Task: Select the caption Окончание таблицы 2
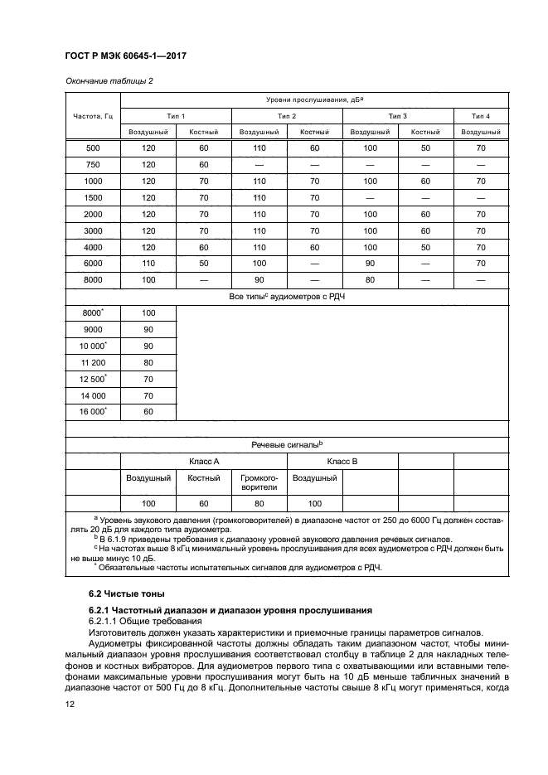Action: [x=109, y=80]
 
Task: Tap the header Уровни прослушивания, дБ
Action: [x=315, y=99]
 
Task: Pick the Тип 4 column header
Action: [x=481, y=115]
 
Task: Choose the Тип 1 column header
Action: [x=177, y=115]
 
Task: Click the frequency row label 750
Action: [x=93, y=164]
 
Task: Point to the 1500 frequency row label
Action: [x=93, y=198]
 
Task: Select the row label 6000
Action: [x=93, y=264]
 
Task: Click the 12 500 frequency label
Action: [x=93, y=378]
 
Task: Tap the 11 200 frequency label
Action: [x=93, y=361]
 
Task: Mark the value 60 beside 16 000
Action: [x=148, y=411]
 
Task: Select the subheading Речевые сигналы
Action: [x=286, y=445]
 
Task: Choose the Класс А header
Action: [x=204, y=461]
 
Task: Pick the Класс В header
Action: [x=342, y=461]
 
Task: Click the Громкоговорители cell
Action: [x=259, y=483]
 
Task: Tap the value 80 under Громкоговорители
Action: [x=259, y=504]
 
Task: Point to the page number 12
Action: [x=70, y=705]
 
